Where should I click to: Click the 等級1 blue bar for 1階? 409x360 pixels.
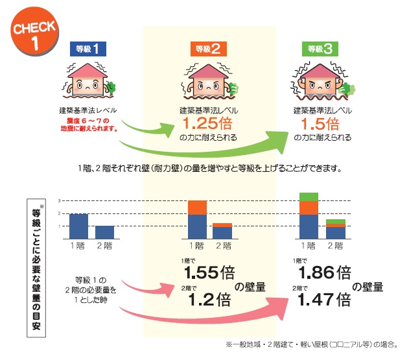click(x=78, y=226)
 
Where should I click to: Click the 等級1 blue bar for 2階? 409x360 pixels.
click(x=105, y=233)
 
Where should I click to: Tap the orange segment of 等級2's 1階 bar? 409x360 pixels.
click(x=197, y=208)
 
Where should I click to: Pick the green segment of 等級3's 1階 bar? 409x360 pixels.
click(x=309, y=196)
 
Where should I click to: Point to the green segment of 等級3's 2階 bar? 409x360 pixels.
click(x=335, y=222)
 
